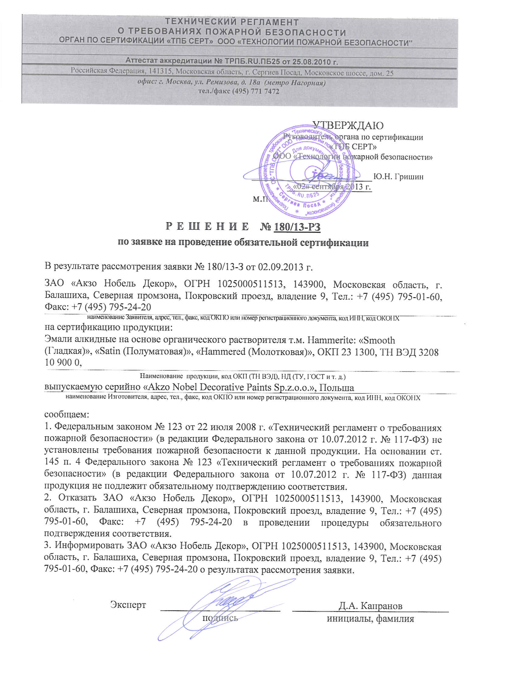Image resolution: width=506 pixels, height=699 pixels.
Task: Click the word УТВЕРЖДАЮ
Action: click(x=348, y=125)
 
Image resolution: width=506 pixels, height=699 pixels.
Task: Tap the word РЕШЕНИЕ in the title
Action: click(x=207, y=227)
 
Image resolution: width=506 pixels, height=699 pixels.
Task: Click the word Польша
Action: click(x=336, y=388)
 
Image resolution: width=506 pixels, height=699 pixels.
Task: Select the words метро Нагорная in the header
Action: click(x=296, y=83)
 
